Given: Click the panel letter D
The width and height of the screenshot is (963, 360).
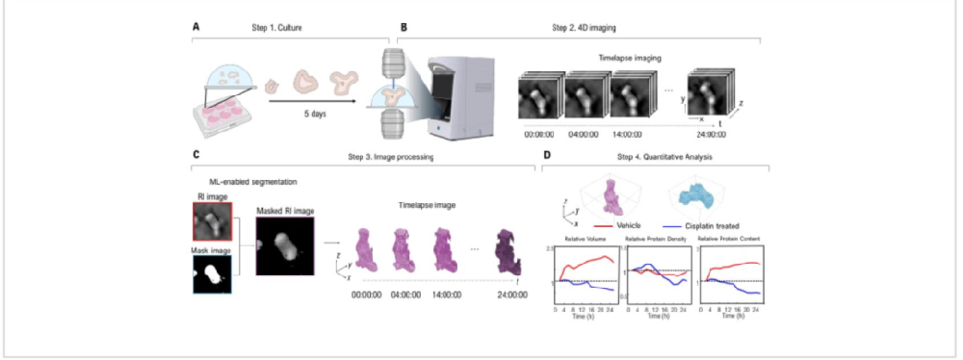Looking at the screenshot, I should click(547, 154).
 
